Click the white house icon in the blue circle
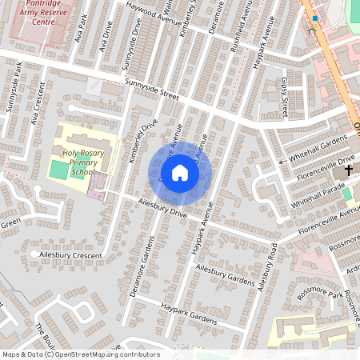[x=180, y=172]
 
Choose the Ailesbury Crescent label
[x=70, y=255]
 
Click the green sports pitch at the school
[x=58, y=170]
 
